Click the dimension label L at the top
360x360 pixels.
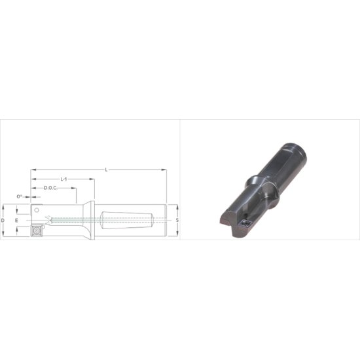[107, 170]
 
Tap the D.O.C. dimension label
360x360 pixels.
[53, 188]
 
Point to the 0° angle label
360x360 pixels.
[20, 196]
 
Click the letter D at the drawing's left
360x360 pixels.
[4, 221]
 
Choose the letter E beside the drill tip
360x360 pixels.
[18, 221]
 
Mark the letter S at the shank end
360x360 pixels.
[177, 221]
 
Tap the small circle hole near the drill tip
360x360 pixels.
[37, 211]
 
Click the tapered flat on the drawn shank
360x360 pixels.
[128, 221]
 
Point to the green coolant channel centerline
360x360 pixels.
[65, 220]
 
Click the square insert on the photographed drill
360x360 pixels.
[246, 223]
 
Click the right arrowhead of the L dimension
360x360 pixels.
[165, 170]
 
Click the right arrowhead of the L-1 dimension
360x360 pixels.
[94, 179]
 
